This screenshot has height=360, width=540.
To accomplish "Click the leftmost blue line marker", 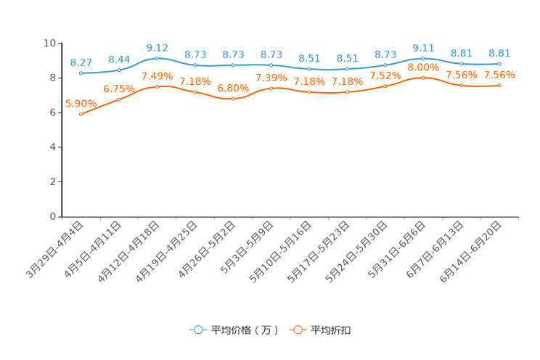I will click(x=81, y=73).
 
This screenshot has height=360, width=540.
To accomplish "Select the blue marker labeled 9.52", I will click(x=157, y=58).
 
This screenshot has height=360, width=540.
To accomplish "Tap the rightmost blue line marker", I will click(x=499, y=64).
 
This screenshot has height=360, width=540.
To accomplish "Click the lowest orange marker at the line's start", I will click(x=81, y=115).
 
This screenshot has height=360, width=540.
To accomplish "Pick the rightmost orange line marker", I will click(x=499, y=85).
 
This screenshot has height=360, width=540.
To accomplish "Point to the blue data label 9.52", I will click(x=157, y=48).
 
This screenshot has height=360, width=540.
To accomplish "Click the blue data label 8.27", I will click(x=81, y=62).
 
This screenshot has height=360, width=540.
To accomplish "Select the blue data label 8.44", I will click(x=119, y=60).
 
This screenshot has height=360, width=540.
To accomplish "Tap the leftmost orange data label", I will click(x=81, y=104).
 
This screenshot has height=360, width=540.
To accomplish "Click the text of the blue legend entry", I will click(x=244, y=330).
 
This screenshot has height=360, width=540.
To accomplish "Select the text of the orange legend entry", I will click(x=332, y=330).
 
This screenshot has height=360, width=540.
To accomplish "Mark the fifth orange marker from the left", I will click(x=233, y=99).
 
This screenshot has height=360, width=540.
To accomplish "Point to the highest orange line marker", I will click(x=423, y=76).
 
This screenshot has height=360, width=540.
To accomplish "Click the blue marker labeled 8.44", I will click(x=119, y=70).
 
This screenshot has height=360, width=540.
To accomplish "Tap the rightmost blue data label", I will click(x=499, y=53).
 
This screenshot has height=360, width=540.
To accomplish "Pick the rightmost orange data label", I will click(x=499, y=75).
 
